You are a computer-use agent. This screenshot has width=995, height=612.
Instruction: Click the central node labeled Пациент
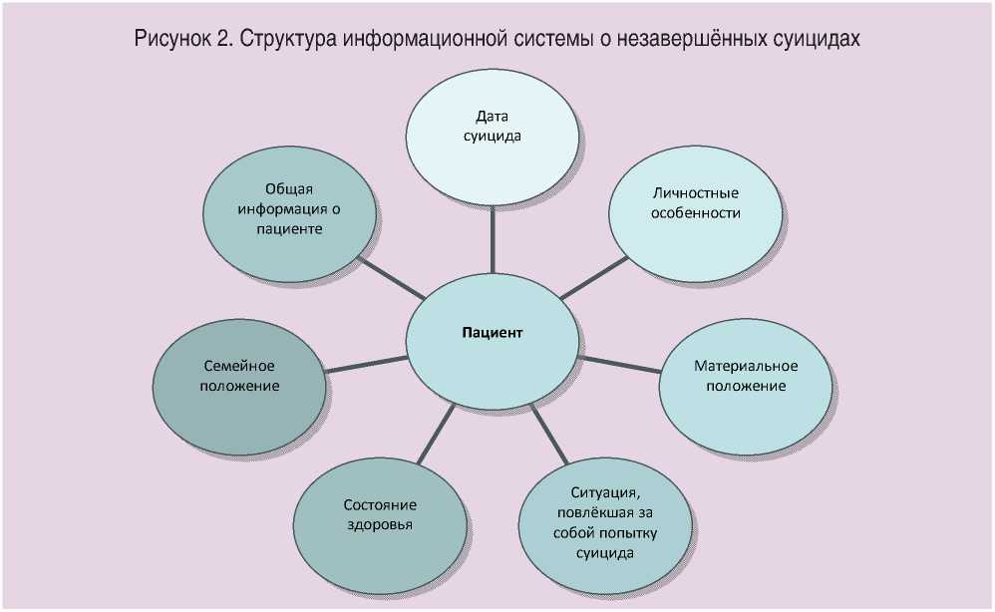pos(493,334)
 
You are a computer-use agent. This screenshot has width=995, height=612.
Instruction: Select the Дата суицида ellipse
pos(493,127)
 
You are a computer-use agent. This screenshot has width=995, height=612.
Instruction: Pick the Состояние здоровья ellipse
pos(380,515)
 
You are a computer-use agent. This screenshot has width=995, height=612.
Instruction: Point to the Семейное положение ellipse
pos(240,376)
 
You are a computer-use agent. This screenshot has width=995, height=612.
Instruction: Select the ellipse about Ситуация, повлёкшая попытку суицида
pos(605,523)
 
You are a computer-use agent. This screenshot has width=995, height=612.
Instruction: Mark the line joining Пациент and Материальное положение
pos(620,364)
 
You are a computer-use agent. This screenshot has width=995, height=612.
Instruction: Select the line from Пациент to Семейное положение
pos(365,364)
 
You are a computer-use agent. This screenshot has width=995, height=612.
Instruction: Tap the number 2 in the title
pos(221,40)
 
